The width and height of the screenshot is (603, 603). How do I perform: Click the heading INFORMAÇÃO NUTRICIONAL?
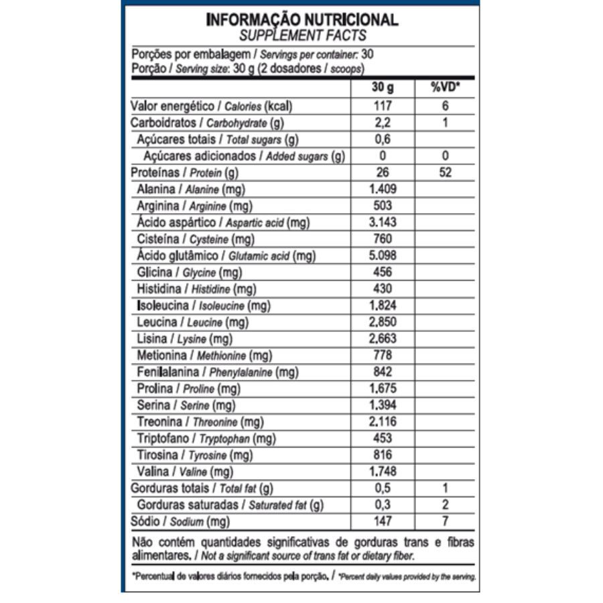coord(302,19)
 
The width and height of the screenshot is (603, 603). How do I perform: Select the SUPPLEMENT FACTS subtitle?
coord(302,35)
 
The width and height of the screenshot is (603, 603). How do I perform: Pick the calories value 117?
coord(383,106)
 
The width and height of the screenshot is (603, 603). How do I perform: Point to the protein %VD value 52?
coord(446,173)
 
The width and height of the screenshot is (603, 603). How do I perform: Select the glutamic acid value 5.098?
coord(383,255)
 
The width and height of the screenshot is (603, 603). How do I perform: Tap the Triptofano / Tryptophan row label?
coord(206,438)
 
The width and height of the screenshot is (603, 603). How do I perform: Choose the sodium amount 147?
coord(383,521)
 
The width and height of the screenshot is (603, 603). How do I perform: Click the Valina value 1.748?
coord(383,471)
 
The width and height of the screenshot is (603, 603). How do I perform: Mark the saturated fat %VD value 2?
coord(446,505)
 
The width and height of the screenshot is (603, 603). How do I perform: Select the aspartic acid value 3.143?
coord(383,222)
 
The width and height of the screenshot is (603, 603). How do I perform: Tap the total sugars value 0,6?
coord(383,139)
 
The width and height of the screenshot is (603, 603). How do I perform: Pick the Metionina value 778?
coord(383,355)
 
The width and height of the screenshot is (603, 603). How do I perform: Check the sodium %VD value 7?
coord(446,521)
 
